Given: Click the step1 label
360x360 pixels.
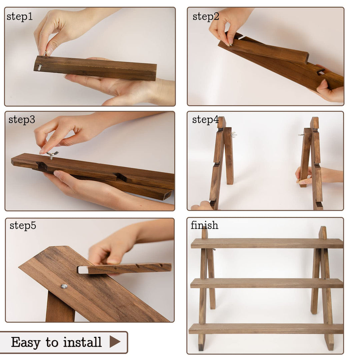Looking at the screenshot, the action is pos(20,17).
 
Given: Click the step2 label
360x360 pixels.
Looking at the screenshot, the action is pos(206,17).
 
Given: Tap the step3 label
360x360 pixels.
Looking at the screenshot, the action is pos(22,120).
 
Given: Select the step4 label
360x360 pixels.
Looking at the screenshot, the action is pos(205,120).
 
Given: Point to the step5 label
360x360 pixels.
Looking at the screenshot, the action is pos(23,226).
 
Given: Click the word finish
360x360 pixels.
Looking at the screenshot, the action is pos(204,225).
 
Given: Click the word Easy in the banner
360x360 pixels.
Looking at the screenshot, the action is pos(26,343).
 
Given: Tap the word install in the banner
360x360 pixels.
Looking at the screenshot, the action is pos(82,342).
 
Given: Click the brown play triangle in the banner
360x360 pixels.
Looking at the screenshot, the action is pos(115,342).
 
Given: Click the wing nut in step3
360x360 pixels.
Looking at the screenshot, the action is pos(52,155).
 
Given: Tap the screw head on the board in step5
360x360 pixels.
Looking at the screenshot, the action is pos(64,286).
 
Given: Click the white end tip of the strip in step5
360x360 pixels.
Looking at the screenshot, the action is pos(83,270).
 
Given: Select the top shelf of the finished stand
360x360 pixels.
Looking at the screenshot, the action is pos(267,243).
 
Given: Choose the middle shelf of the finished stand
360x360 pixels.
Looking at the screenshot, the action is pos(267,283).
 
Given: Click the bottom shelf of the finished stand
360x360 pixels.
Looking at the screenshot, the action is pos(266,329).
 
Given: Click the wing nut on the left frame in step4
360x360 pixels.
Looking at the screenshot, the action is pos(234,135).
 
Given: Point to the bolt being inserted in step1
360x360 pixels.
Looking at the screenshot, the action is pos(45,54).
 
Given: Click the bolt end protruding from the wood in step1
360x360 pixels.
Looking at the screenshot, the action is pos(40,67).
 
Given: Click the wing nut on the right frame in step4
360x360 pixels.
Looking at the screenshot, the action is pos(301,135).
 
